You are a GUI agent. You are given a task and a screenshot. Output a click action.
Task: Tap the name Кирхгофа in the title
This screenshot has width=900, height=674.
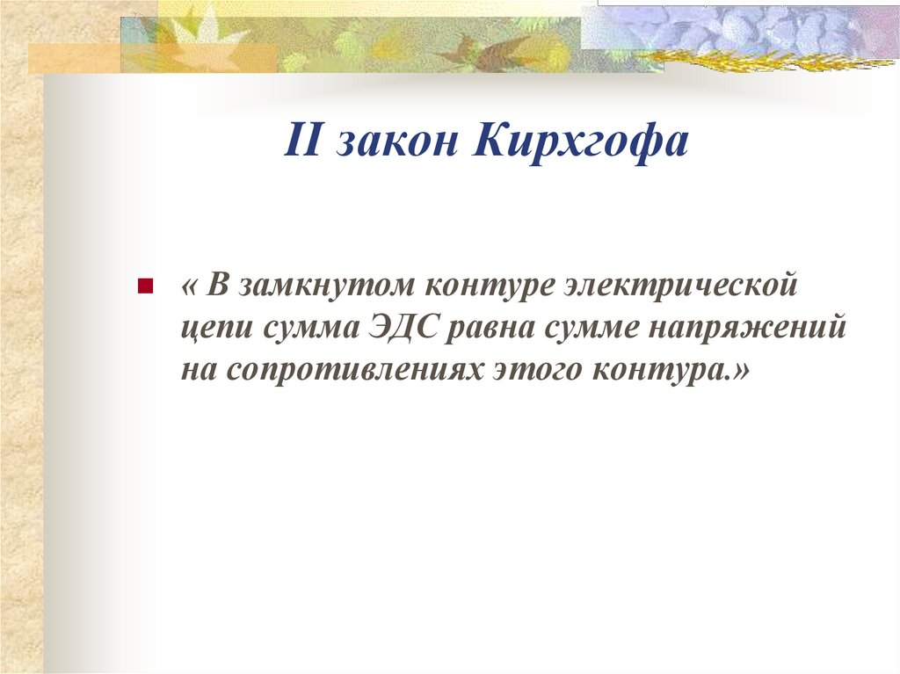581,142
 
